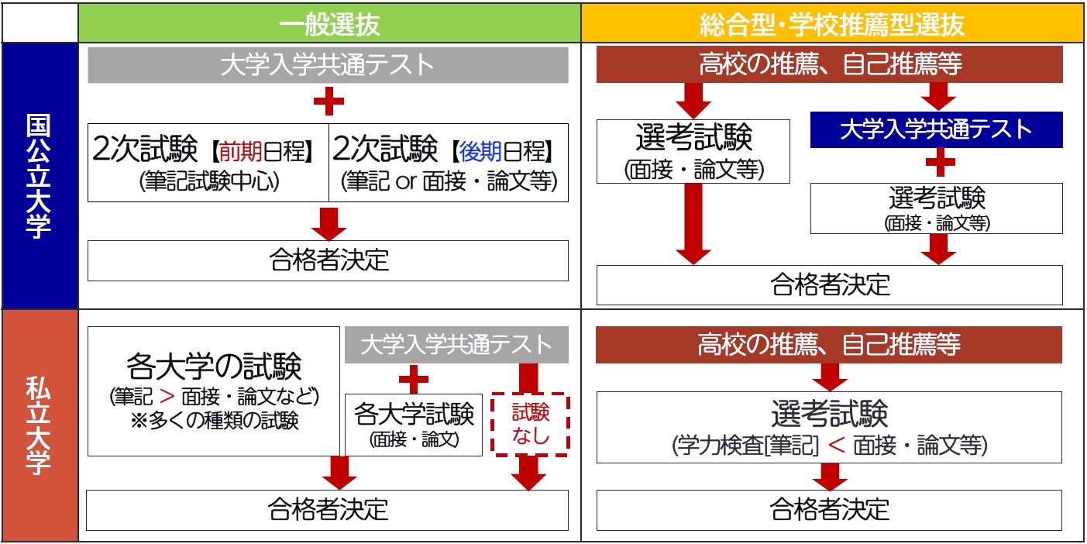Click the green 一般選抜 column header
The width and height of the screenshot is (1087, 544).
[329, 24]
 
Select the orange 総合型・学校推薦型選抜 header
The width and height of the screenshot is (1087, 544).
[832, 24]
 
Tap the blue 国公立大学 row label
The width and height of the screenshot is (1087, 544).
[39, 176]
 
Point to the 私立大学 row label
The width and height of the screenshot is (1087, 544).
[39, 425]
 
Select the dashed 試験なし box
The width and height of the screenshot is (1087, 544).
[531, 425]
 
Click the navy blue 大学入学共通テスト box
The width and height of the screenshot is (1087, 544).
[936, 129]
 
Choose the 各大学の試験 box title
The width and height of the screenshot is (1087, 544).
[213, 367]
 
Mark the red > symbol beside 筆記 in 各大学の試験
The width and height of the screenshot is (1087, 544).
[167, 397]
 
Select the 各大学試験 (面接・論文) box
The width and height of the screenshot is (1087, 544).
[414, 425]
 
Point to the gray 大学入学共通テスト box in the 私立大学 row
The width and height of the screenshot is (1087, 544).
[456, 344]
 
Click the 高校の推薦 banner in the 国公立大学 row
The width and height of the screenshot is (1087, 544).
[829, 64]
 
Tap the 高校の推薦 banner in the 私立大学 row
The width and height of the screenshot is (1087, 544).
[829, 345]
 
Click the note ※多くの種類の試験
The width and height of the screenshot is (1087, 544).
[214, 421]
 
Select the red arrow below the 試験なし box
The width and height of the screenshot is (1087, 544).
[529, 473]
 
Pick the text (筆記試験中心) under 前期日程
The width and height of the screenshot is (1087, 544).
[208, 181]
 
